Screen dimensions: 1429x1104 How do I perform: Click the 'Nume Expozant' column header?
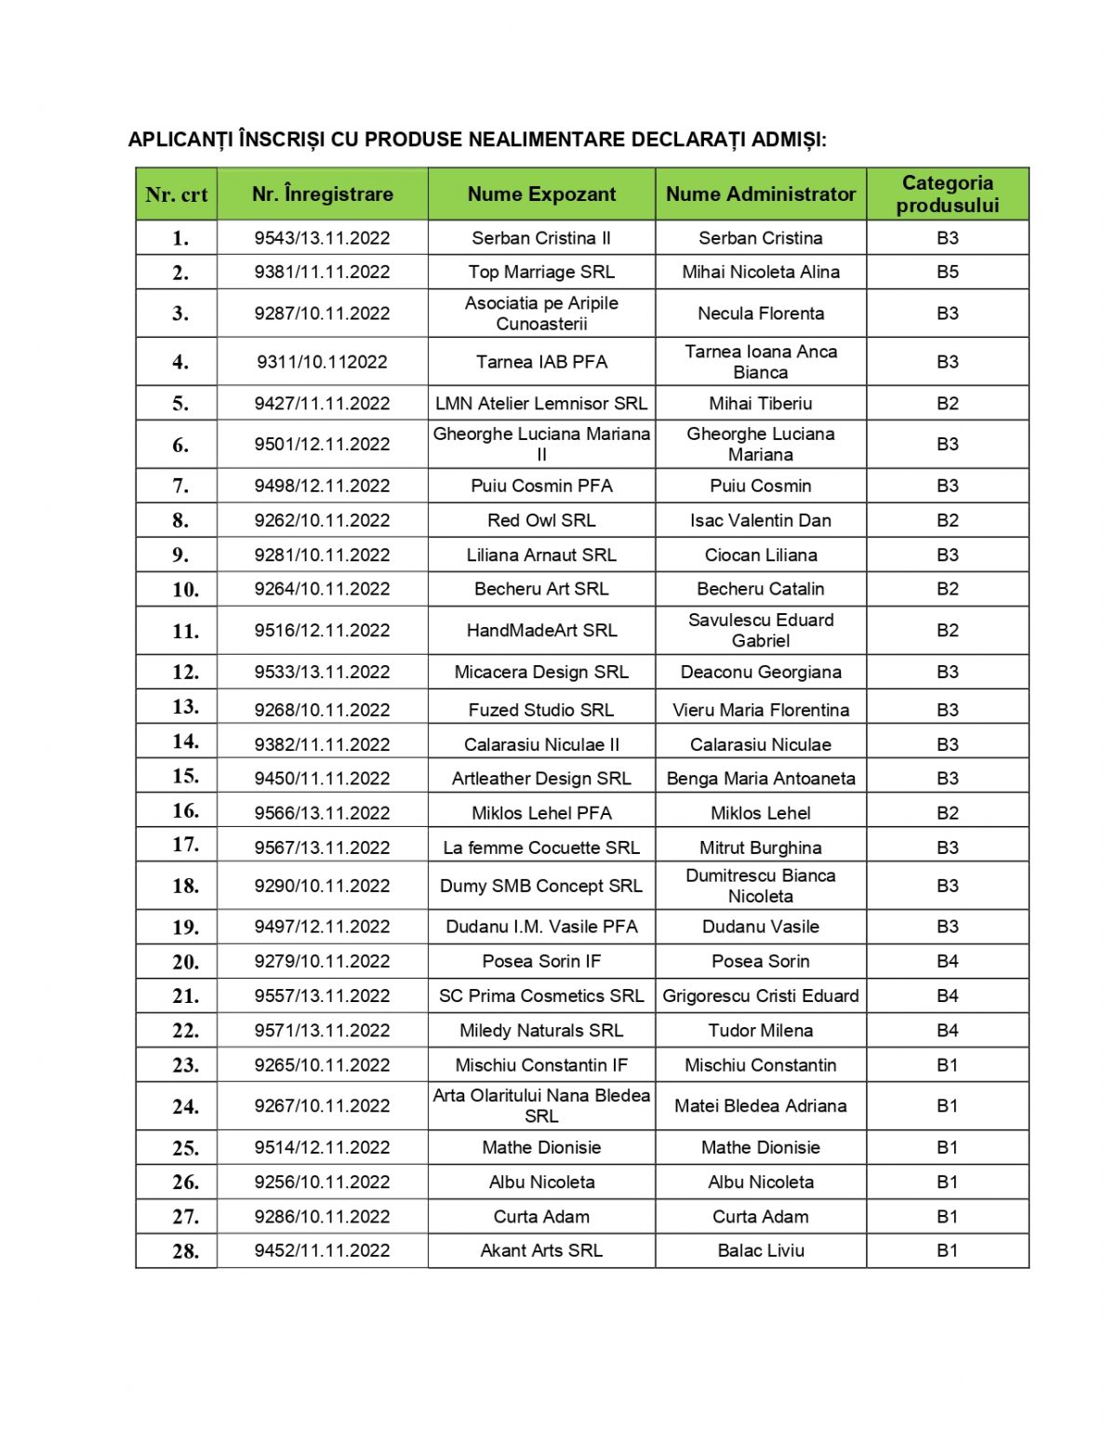point(541,194)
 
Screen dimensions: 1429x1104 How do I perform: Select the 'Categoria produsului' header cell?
point(947,194)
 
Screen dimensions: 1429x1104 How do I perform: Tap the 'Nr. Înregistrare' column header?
point(322,194)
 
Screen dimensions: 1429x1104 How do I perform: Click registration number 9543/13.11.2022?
point(322,238)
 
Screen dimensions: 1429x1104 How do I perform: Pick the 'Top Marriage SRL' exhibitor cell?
point(541,272)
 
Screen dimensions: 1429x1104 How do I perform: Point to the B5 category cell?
point(947,272)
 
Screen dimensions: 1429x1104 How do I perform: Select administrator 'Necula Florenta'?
point(760,314)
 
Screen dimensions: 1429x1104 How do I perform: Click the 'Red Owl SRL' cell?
point(541,520)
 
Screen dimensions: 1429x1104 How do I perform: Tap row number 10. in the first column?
point(185,590)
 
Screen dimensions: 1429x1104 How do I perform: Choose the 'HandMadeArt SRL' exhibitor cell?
point(541,630)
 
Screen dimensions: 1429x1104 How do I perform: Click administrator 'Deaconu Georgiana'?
point(760,672)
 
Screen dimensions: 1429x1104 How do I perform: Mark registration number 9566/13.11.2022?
point(322,813)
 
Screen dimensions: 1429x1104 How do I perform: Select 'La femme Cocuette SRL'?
point(541,848)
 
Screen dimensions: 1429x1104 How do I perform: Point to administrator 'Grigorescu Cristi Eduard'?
point(760,995)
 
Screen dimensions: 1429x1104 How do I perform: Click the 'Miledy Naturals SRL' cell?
point(541,1030)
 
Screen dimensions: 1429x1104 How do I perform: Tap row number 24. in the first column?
point(185,1107)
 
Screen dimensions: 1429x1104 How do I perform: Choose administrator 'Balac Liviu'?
point(760,1250)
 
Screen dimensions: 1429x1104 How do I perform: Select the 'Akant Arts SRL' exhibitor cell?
point(541,1250)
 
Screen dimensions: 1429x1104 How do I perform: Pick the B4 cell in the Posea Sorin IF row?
point(947,961)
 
